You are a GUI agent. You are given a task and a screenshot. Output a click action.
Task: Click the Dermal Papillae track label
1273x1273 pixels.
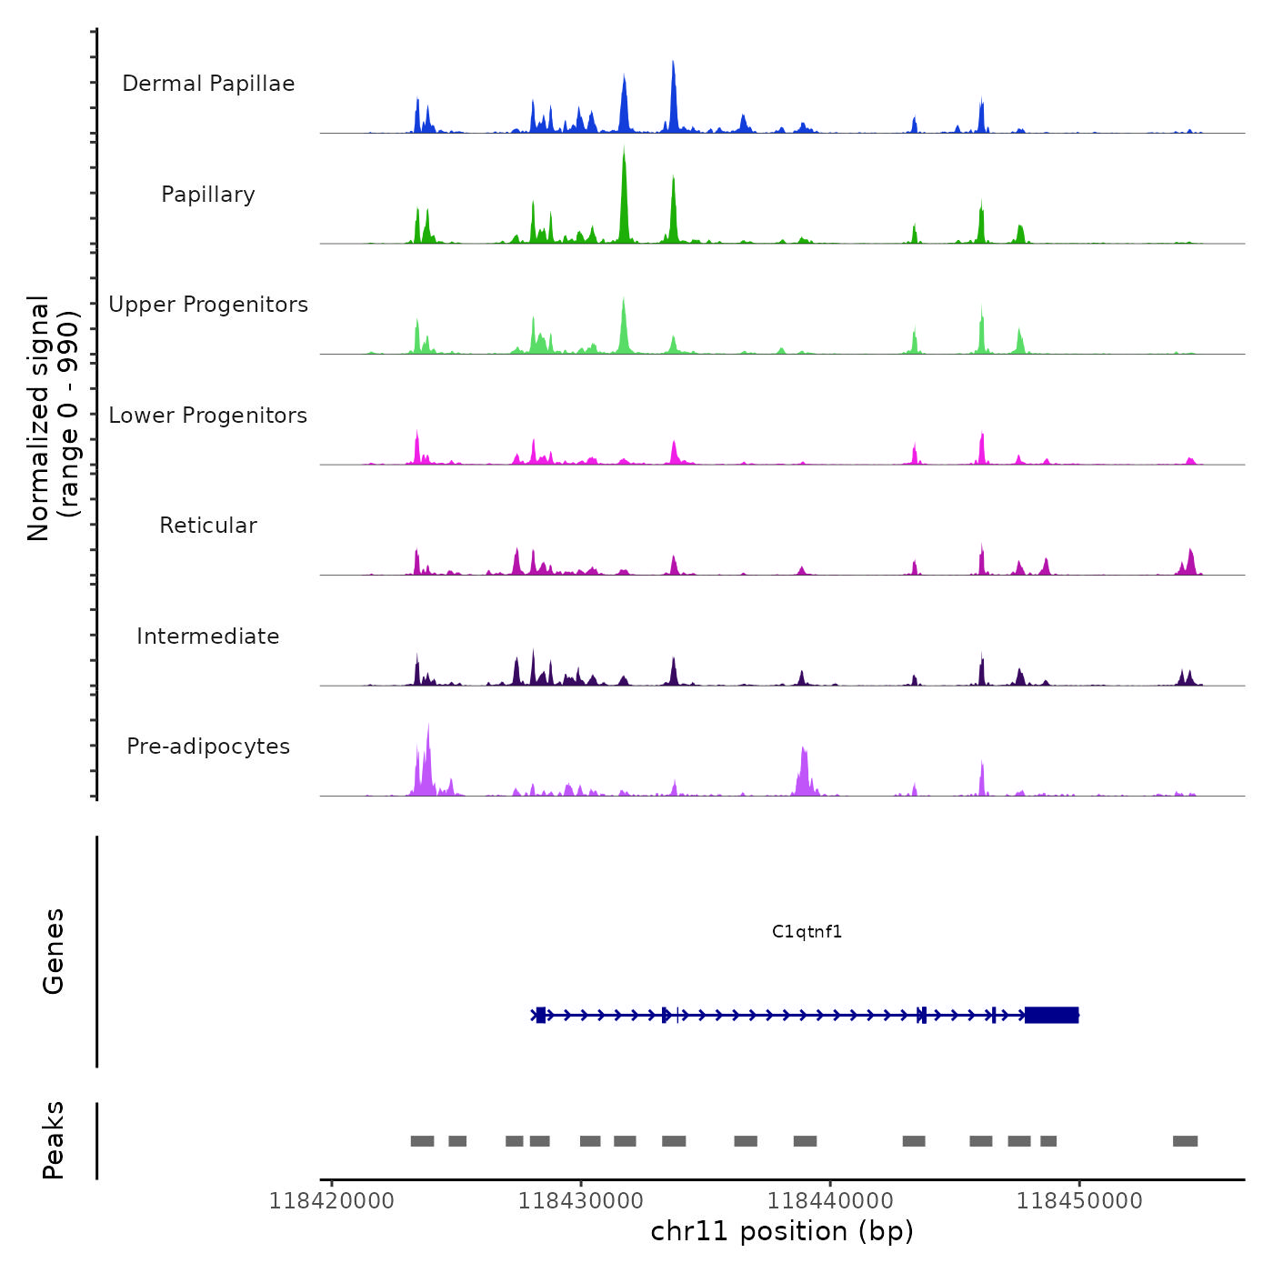coord(208,84)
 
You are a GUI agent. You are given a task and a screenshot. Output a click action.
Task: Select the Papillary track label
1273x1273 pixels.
coord(208,195)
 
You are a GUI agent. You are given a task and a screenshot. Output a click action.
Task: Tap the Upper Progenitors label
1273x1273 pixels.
coord(208,305)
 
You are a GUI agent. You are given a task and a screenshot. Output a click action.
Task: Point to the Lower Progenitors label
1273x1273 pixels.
coord(208,416)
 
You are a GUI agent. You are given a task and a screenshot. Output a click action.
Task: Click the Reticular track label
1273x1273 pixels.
coord(208,526)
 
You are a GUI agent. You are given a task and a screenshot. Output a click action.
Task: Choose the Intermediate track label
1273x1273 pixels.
coord(208,636)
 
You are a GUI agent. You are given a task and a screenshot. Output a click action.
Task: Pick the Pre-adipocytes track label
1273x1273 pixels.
coord(208,747)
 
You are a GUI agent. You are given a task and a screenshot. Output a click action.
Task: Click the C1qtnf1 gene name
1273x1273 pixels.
coord(807,931)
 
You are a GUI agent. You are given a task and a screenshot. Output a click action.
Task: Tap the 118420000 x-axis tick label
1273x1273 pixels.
coord(332,1201)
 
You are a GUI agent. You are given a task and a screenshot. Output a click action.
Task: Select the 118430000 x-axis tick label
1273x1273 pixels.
coord(581,1201)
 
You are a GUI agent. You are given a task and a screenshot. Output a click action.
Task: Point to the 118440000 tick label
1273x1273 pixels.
coord(830,1201)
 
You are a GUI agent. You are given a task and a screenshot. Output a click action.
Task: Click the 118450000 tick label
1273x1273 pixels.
coord(1079,1201)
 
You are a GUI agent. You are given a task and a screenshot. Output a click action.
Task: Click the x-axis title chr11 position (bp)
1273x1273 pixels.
coord(782,1231)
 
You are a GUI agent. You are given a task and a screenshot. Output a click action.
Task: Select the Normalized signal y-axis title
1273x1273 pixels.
coord(53,418)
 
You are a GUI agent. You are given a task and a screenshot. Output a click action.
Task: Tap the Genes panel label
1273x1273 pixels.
coord(54,951)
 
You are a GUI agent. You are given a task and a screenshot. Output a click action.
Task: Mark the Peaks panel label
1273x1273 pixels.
coord(54,1140)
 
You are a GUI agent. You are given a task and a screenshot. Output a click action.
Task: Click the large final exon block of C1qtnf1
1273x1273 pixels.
coord(1051,1015)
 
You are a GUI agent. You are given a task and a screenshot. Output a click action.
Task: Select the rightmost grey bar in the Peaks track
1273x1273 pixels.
coord(1185,1141)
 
